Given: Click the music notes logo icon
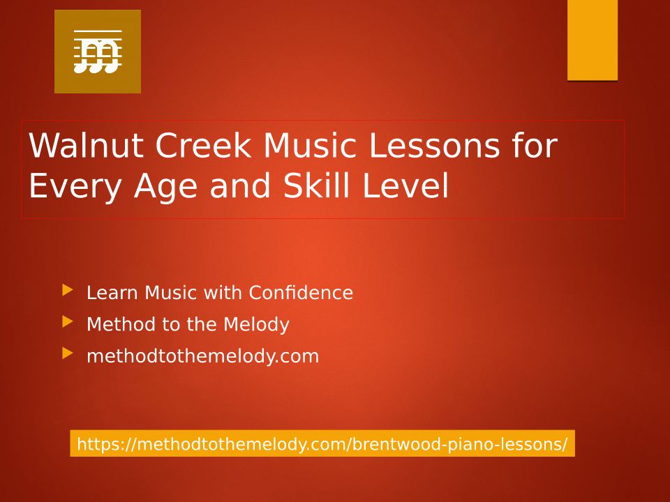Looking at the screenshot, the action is [x=98, y=52].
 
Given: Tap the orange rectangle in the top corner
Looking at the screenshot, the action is [x=593, y=40].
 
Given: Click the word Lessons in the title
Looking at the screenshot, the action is [x=433, y=145].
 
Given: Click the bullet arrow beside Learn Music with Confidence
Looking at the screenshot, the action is [x=68, y=290].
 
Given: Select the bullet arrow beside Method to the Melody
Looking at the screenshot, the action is [x=68, y=322].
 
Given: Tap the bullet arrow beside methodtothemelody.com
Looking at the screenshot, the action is [x=68, y=353].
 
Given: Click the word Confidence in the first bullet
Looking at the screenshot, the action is [x=301, y=293].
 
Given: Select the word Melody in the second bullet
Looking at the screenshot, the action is [x=256, y=324].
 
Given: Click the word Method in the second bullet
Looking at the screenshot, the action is [x=121, y=324].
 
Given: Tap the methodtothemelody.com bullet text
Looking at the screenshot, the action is [x=203, y=356].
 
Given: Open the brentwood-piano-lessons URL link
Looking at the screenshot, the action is [x=322, y=444].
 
